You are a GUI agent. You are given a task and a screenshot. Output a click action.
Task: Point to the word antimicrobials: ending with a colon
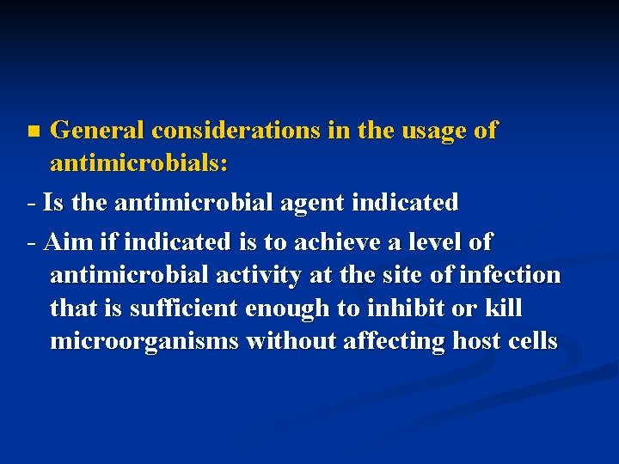[139, 163]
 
